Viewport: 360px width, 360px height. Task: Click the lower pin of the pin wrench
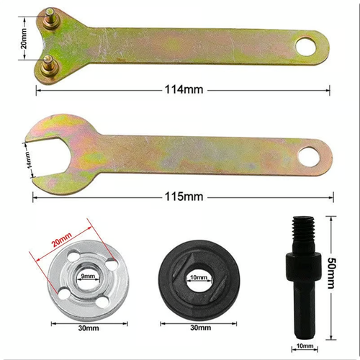click(x=48, y=61)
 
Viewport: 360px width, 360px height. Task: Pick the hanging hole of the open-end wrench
click(x=310, y=155)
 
